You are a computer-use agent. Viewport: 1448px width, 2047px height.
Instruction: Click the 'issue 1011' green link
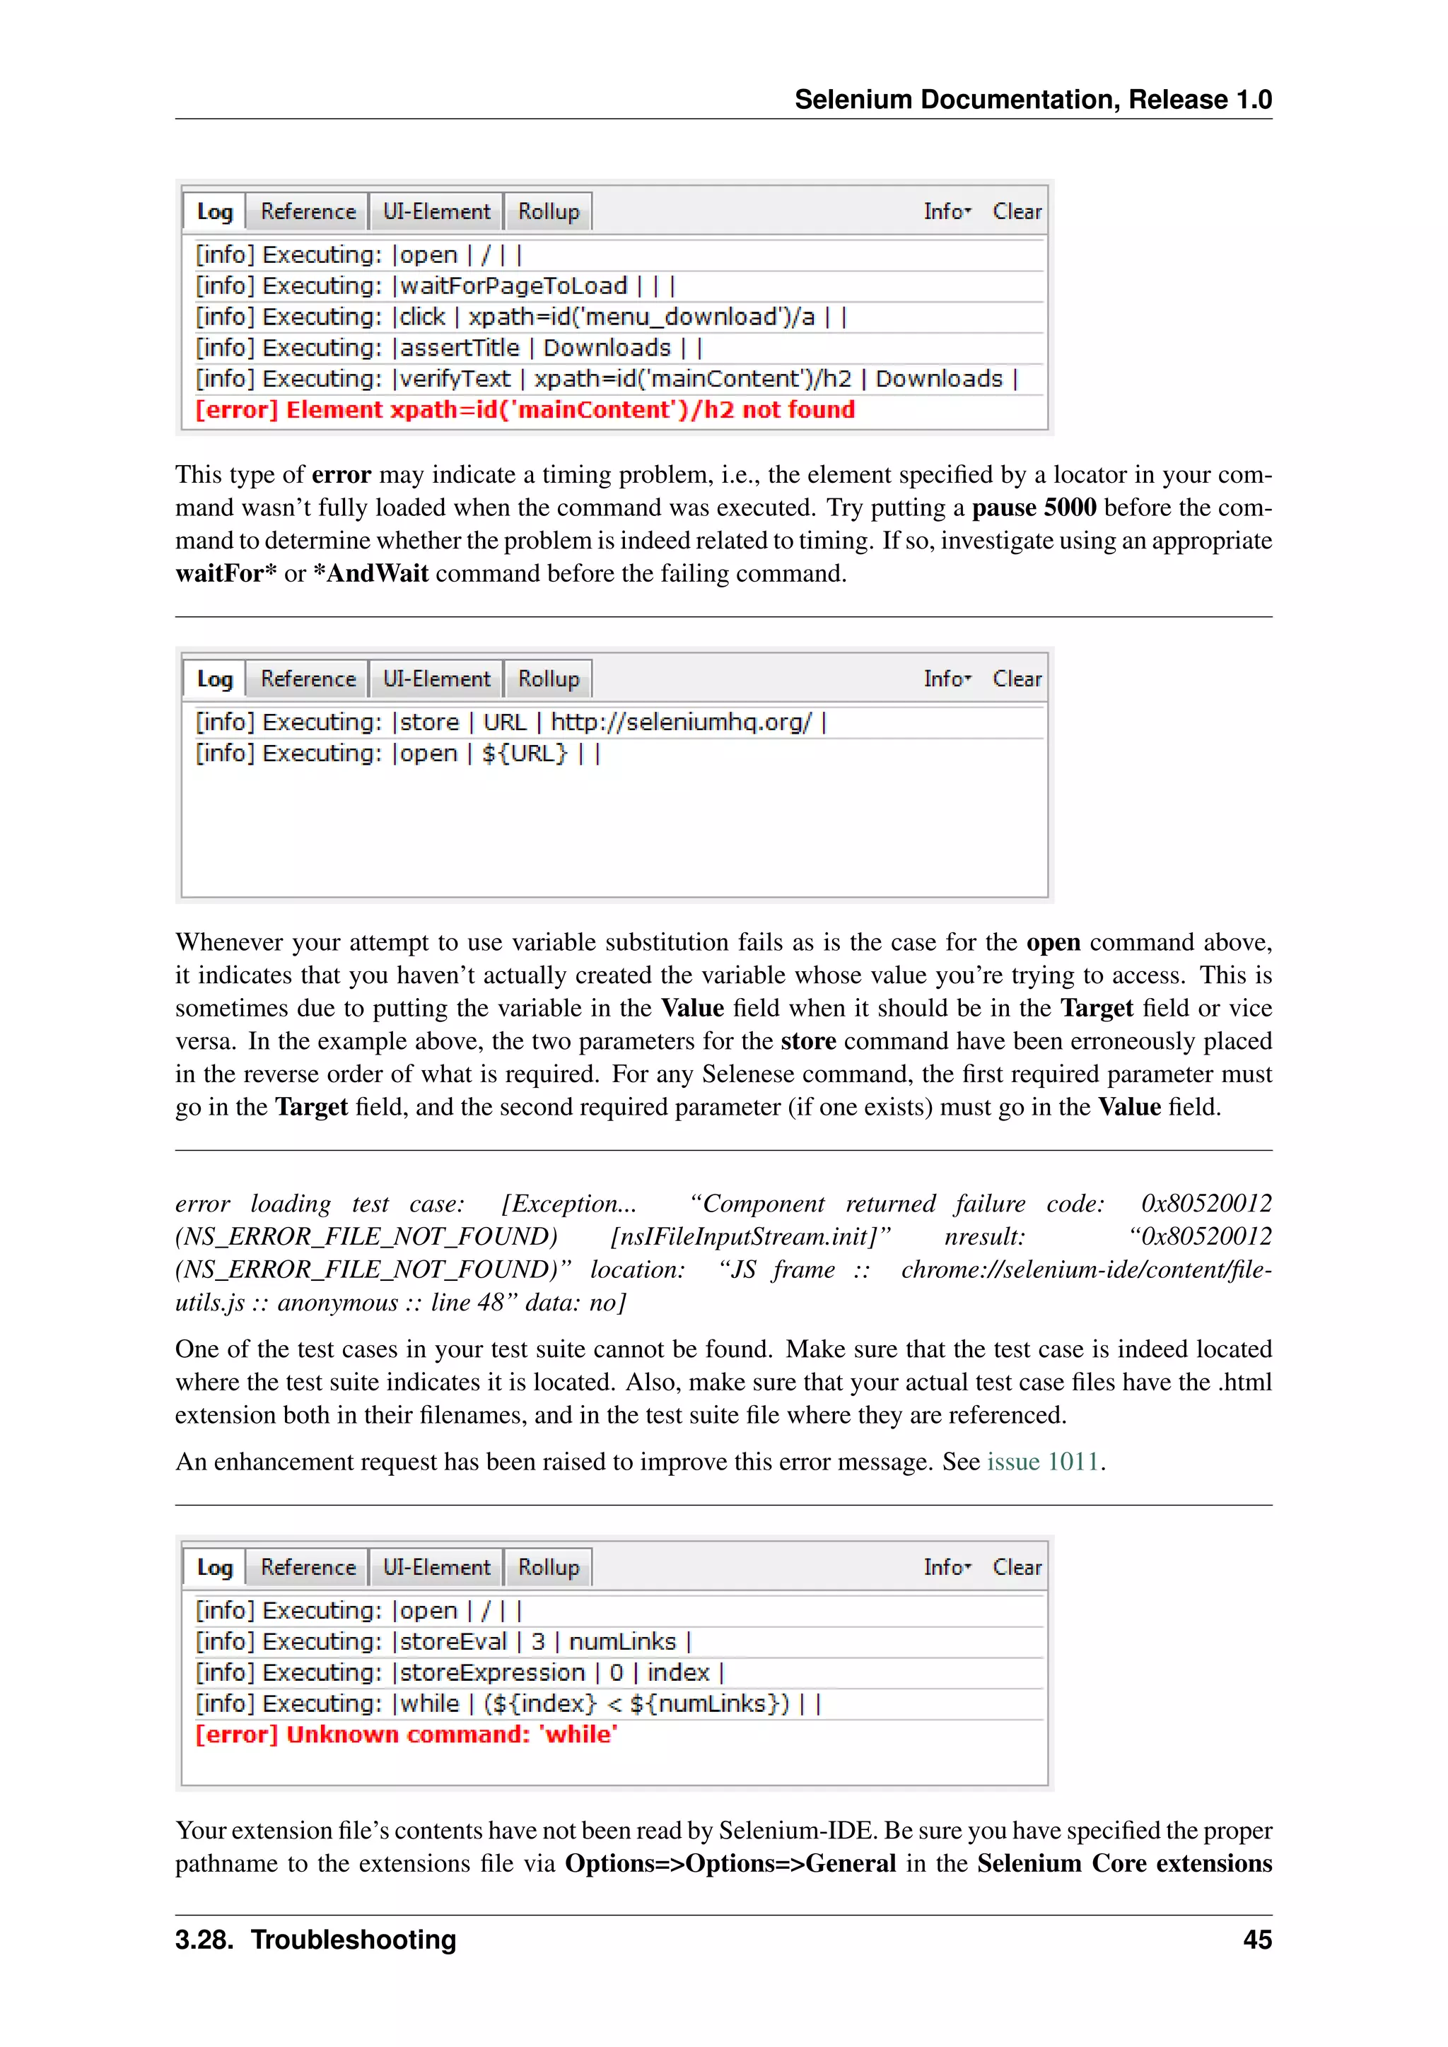(x=1041, y=1462)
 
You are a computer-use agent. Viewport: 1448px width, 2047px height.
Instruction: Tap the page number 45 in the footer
(x=1256, y=1940)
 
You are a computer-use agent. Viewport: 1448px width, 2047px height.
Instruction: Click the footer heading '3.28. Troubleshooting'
(x=315, y=1940)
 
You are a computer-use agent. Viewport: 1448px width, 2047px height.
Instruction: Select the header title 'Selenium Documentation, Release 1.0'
(x=1032, y=99)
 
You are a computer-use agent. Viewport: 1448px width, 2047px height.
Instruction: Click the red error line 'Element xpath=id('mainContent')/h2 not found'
(x=525, y=410)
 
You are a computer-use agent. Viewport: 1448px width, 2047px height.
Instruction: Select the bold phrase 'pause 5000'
(x=1034, y=508)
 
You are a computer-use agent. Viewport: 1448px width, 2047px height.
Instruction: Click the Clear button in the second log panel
(x=1017, y=679)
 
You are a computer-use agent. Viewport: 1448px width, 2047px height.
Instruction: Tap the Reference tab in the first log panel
(x=308, y=212)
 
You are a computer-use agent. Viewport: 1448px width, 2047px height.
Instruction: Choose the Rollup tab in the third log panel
(x=549, y=1567)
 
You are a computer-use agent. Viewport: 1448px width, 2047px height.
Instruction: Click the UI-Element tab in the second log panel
(x=436, y=679)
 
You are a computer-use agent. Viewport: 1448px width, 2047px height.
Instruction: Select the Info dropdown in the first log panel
(x=947, y=212)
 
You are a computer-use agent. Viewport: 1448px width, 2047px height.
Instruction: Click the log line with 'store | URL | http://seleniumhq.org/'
(x=511, y=722)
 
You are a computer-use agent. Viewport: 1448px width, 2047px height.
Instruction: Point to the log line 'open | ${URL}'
(x=397, y=753)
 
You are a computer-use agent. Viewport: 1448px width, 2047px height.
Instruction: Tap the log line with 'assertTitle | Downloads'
(x=448, y=348)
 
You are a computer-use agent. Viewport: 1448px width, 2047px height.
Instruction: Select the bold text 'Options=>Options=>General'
(x=730, y=1863)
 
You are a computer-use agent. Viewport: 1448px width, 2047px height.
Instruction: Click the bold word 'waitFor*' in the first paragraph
(x=226, y=573)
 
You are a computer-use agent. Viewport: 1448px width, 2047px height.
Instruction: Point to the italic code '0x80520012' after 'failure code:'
(x=1205, y=1204)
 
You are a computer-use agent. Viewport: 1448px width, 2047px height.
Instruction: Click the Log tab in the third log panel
(x=215, y=1567)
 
